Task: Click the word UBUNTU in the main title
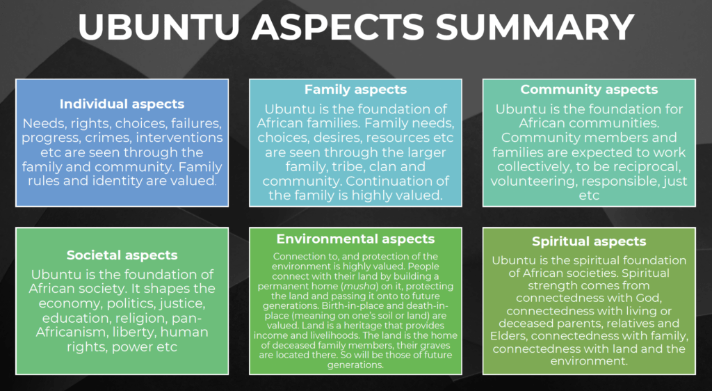(159, 27)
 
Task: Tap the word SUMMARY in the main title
(535, 27)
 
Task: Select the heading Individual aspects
(122, 104)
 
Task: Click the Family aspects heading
(355, 90)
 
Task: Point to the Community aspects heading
(589, 90)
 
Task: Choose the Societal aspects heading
(122, 255)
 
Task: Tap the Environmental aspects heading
(355, 239)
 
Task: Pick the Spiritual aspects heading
(589, 241)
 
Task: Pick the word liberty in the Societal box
(134, 332)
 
